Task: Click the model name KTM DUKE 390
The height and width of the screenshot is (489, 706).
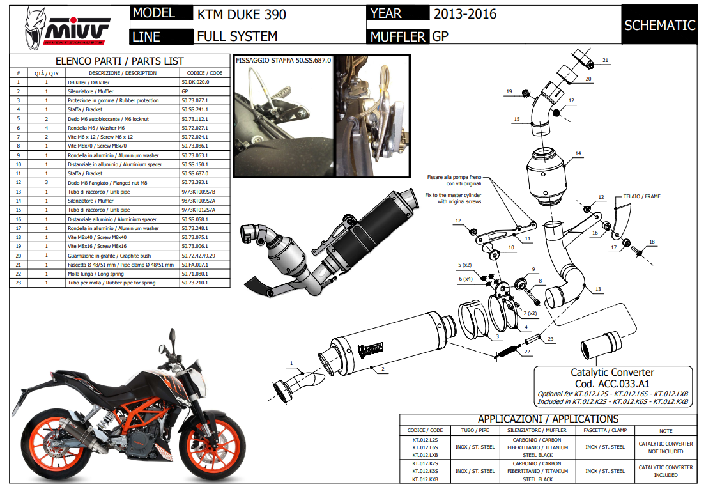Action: (x=242, y=14)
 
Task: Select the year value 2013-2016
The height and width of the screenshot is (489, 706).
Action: (x=464, y=14)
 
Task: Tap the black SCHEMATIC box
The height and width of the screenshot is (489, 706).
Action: (x=659, y=26)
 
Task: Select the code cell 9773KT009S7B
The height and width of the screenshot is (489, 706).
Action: (x=199, y=192)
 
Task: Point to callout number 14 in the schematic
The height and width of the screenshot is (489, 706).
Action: (x=578, y=154)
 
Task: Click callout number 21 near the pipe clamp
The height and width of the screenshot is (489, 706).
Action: (x=605, y=61)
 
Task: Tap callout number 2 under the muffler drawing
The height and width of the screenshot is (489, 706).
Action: (x=381, y=369)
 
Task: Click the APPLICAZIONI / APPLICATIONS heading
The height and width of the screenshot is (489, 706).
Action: (x=548, y=419)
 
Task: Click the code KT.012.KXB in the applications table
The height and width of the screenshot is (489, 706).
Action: (x=425, y=479)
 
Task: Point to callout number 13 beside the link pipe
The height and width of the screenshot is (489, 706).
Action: (x=598, y=290)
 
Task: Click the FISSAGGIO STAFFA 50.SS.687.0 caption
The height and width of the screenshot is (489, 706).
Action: (x=284, y=60)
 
